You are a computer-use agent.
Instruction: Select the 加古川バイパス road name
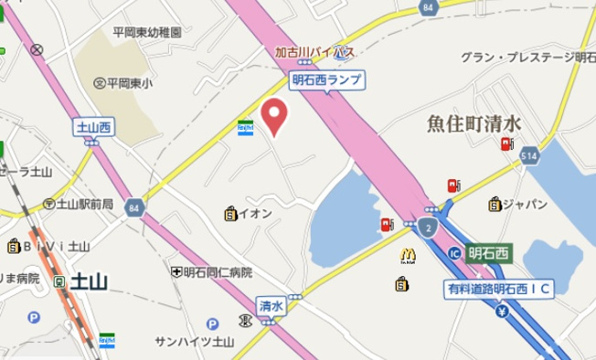coord(314,52)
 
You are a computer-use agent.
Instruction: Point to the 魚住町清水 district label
coord(474,123)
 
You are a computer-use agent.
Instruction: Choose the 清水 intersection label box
coord(270,305)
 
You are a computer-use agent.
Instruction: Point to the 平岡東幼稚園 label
coord(146,31)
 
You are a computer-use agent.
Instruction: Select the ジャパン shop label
coord(514,203)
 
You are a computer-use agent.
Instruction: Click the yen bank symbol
coord(502,312)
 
